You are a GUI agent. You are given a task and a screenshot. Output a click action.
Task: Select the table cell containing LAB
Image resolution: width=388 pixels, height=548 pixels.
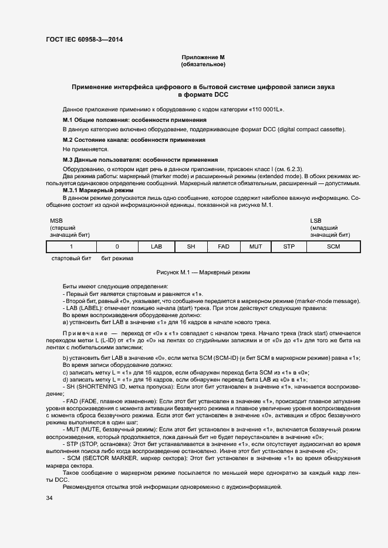click(156, 247)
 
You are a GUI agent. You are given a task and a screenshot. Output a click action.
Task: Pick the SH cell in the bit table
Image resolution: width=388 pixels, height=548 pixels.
click(191, 247)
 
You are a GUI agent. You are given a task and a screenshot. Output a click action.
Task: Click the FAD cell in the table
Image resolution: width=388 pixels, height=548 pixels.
click(224, 247)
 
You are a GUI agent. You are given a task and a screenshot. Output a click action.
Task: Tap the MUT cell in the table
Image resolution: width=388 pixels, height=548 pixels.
click(255, 247)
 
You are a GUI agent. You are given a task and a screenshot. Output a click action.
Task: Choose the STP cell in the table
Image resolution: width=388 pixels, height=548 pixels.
click(289, 247)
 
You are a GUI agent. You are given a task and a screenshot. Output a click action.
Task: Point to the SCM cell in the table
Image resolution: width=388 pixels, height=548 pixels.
click(333, 247)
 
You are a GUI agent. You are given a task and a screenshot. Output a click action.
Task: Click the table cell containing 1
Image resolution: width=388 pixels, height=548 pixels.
click(71, 247)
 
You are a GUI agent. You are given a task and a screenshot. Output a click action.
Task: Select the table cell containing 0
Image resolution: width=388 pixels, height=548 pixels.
click(117, 247)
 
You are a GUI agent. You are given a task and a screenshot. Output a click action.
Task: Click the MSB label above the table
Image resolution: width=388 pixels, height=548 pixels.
click(56, 220)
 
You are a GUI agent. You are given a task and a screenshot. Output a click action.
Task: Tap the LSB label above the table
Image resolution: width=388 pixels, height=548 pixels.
click(316, 220)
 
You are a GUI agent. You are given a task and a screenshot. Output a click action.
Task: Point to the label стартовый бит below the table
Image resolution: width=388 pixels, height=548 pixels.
click(72, 258)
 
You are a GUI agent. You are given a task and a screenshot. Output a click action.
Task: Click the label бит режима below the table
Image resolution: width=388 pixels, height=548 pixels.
click(117, 258)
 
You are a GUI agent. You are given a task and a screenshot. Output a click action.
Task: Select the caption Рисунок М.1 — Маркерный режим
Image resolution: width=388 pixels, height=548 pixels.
click(203, 273)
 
